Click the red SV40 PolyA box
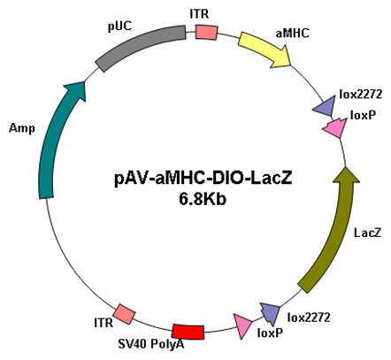(x=188, y=332)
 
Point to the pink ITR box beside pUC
(x=206, y=32)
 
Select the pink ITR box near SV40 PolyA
(x=124, y=315)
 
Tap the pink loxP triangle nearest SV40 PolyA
(x=242, y=326)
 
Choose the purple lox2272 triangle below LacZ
(x=271, y=312)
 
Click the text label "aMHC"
(x=292, y=34)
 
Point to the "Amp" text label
(x=22, y=128)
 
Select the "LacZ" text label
(x=367, y=233)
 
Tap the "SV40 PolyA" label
(x=151, y=344)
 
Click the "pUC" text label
(x=119, y=27)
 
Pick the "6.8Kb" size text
(x=203, y=199)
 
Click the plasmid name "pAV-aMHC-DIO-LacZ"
(x=203, y=179)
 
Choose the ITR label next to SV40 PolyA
(x=103, y=323)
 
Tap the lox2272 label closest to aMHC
(x=360, y=95)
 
